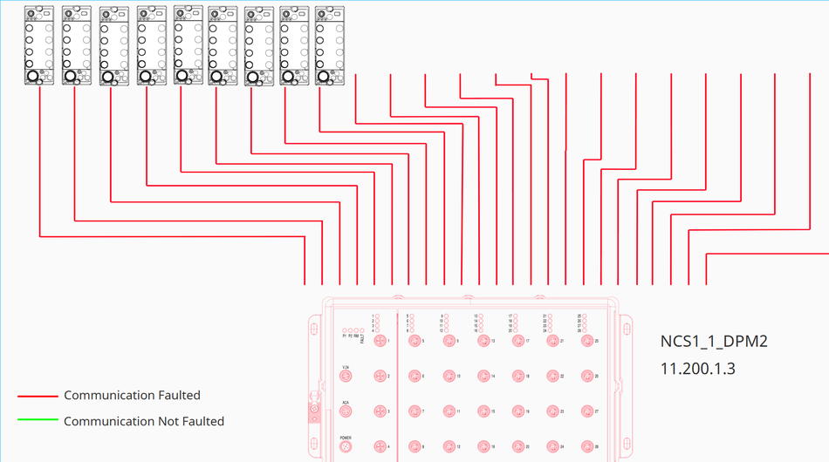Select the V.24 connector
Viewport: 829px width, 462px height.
tap(346, 377)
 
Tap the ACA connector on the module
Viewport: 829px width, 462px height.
tap(346, 411)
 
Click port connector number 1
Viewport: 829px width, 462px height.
tap(380, 342)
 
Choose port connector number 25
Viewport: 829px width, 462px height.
tap(587, 342)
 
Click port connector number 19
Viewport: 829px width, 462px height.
tap(518, 411)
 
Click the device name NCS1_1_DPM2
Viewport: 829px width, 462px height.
tap(714, 342)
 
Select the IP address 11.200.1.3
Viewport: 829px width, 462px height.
tap(698, 369)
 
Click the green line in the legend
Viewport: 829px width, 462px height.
tap(38, 421)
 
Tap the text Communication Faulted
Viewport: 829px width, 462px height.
tap(132, 395)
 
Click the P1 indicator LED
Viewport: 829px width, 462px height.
tap(345, 330)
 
